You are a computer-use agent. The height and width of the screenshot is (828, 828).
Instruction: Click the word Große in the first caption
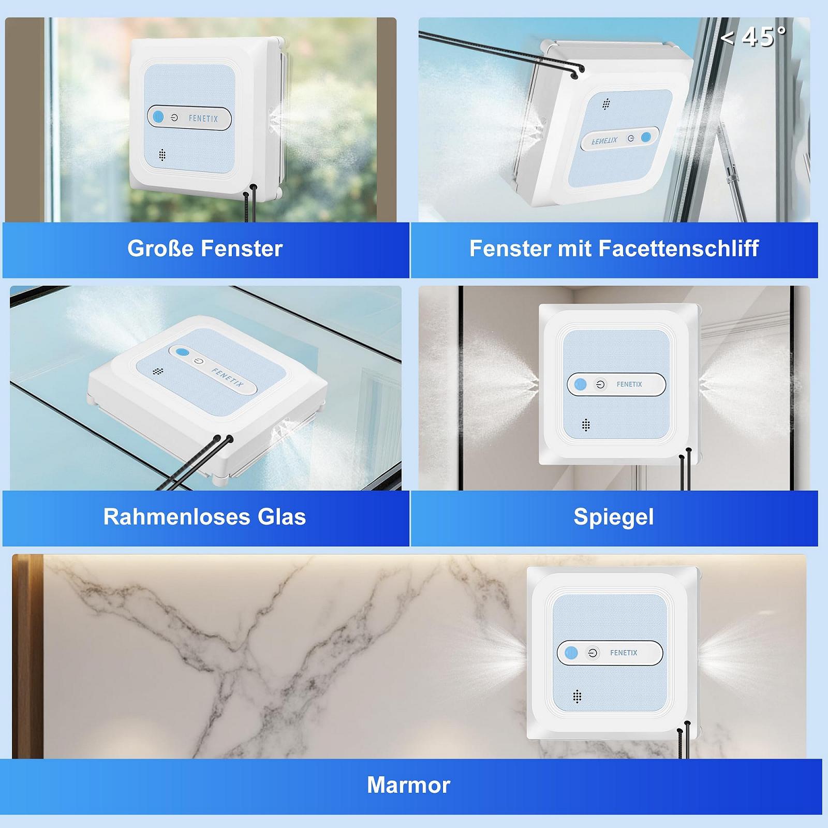(x=160, y=248)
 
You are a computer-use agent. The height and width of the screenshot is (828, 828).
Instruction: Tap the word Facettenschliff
(x=678, y=248)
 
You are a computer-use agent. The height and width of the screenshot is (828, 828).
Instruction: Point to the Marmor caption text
(x=409, y=785)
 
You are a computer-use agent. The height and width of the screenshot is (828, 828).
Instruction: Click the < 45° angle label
(x=753, y=37)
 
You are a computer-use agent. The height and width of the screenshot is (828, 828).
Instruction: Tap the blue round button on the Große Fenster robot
(x=158, y=117)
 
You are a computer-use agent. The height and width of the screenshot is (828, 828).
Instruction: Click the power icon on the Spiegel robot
(x=600, y=385)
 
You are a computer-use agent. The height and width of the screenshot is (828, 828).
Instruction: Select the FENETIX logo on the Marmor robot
(x=624, y=653)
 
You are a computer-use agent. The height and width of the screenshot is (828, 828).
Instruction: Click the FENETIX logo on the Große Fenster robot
(x=203, y=119)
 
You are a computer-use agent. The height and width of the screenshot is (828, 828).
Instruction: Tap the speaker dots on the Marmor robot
(x=578, y=697)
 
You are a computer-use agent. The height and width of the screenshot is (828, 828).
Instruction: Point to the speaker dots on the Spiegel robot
(x=586, y=425)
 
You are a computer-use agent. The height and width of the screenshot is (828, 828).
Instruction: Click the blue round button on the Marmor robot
(x=571, y=653)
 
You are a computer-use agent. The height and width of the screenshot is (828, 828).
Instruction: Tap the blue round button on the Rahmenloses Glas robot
(x=182, y=352)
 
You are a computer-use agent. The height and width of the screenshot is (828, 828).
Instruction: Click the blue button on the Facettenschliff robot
(x=646, y=137)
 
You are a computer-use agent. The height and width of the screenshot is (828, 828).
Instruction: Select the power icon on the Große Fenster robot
(x=174, y=118)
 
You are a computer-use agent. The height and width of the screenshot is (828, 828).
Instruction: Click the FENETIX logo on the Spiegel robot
(x=629, y=385)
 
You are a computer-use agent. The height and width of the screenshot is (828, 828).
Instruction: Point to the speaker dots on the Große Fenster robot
(x=162, y=155)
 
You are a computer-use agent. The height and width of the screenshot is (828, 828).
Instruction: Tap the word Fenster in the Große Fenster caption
(x=242, y=248)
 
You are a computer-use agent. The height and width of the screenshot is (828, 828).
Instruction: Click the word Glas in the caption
(x=282, y=516)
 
